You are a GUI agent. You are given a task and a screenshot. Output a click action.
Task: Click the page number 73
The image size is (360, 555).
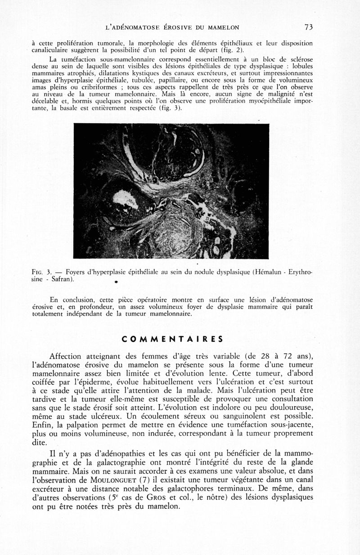click(309, 27)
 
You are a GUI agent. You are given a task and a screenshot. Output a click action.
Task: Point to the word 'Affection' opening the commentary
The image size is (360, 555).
click(67, 357)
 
